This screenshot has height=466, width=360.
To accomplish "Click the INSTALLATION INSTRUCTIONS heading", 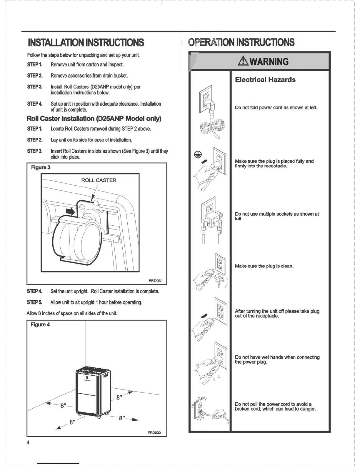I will click(86, 43).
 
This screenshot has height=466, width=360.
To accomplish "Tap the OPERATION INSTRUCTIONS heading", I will click(241, 42).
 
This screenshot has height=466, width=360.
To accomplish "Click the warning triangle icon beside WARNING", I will click(244, 61).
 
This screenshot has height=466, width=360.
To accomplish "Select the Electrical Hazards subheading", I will click(265, 80).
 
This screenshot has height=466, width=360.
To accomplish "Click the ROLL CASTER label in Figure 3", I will click(99, 180).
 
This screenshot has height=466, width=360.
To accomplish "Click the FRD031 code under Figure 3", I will click(156, 281).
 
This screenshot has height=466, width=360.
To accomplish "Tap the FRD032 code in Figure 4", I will click(154, 433).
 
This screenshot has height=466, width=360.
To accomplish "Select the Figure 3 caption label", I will click(41, 167).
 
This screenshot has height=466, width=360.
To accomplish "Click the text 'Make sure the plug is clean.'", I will click(264, 266).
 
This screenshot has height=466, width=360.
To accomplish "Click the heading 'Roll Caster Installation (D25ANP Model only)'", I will click(94, 119).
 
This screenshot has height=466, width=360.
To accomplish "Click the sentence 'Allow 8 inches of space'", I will click(72, 313).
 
